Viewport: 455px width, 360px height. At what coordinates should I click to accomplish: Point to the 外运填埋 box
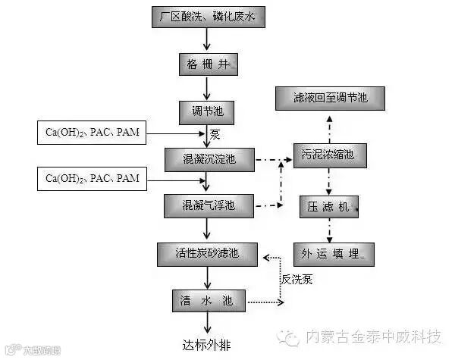click(334, 255)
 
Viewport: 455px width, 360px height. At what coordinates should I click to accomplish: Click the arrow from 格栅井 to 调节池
click(202, 88)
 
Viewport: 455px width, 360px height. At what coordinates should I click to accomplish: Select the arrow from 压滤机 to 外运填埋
click(328, 230)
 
